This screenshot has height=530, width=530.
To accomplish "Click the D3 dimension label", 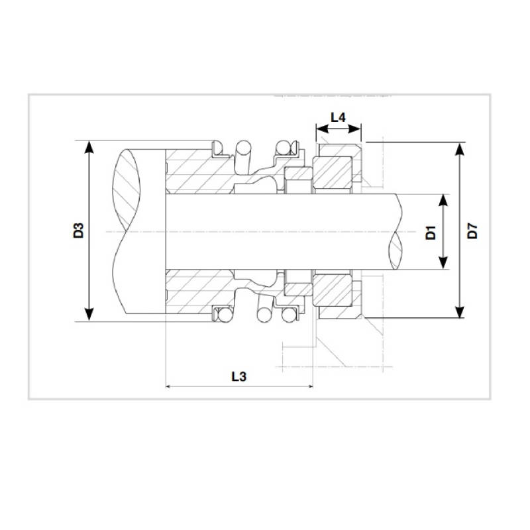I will pos(78,231).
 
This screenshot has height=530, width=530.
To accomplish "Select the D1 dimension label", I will pos(429,232).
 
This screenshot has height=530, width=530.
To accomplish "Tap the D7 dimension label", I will pos(472,232).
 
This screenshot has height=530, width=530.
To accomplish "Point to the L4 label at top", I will pos(338,117).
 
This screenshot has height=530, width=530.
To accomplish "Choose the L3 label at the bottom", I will pos(239,376).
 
